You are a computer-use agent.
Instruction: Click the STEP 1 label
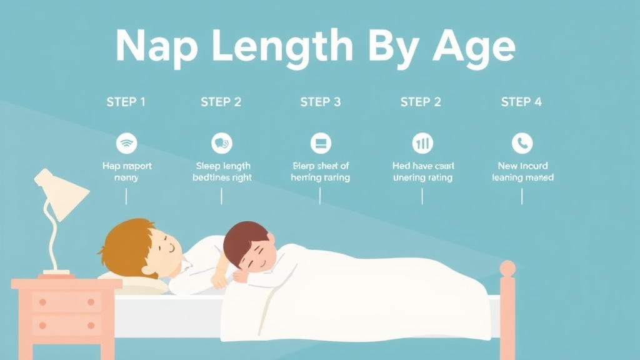point(126,102)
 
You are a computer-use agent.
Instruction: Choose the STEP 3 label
point(321,102)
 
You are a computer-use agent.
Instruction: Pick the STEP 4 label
point(521,102)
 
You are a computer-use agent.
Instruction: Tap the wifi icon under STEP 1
point(126,143)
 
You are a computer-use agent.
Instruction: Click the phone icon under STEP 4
point(522,143)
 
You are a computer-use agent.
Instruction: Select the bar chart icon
point(422,143)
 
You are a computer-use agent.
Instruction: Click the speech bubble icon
point(222,143)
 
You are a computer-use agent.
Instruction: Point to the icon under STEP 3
point(321,143)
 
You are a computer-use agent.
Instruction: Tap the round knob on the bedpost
point(507,269)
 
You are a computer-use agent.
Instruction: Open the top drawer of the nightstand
point(65,302)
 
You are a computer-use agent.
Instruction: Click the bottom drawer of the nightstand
point(65,325)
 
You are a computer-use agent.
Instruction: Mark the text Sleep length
point(223,166)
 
